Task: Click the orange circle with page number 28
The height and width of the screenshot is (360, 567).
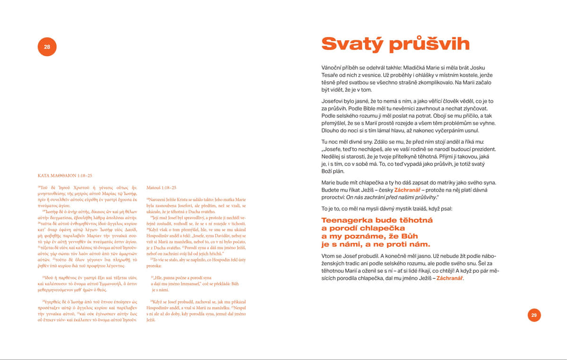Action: click(47, 47)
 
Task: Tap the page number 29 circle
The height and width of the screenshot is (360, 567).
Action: click(534, 315)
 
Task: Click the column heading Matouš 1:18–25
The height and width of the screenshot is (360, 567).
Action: click(162, 188)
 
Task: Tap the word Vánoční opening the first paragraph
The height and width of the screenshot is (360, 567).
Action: click(334, 68)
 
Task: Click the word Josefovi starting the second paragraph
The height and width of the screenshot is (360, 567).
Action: click(334, 101)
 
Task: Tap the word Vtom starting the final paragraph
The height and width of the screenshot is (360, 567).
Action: click(329, 256)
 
